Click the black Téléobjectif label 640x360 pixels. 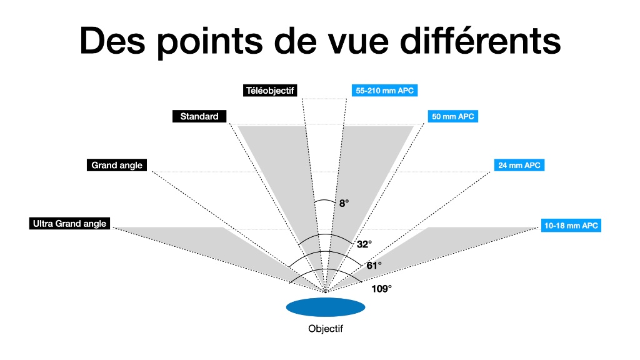click(270, 90)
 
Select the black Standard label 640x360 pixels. click(199, 116)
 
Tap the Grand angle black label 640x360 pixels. click(117, 165)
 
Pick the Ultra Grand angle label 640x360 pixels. click(69, 223)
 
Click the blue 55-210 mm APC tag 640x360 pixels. click(384, 90)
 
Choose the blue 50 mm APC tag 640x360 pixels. click(452, 116)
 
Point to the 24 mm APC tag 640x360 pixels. click(519, 165)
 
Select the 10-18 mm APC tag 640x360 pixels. click(571, 225)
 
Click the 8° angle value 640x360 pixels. click(344, 203)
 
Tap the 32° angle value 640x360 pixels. click(364, 244)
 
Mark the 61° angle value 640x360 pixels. click(374, 266)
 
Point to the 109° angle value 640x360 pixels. click(381, 289)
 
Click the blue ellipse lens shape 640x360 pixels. click(326, 307)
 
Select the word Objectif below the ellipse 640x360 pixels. click(326, 329)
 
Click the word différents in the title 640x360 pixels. click(481, 41)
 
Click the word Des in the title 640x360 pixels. click(112, 41)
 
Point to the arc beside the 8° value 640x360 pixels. click(325, 200)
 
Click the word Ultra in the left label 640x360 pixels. click(42, 223)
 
